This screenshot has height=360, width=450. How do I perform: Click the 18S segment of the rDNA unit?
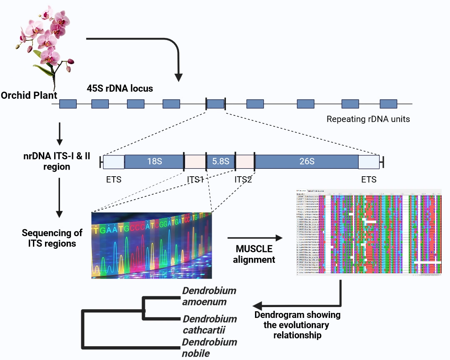[x=154, y=162]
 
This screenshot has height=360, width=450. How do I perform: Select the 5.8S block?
[x=221, y=162]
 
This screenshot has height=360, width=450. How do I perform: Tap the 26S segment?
[x=307, y=162]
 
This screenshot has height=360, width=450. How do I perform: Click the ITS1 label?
[x=195, y=180]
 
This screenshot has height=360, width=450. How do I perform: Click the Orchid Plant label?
[x=29, y=96]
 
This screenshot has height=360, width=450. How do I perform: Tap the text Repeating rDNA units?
[x=368, y=119]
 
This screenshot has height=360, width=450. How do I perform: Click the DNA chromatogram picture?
[x=152, y=245]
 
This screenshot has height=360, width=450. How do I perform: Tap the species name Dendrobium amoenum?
[x=209, y=296]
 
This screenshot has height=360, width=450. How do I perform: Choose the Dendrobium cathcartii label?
[x=210, y=325]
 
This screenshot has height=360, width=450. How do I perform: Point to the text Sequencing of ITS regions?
[x=52, y=238]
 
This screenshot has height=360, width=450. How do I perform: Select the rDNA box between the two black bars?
[x=216, y=104]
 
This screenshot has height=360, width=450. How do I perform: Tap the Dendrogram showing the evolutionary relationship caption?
[x=297, y=325]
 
